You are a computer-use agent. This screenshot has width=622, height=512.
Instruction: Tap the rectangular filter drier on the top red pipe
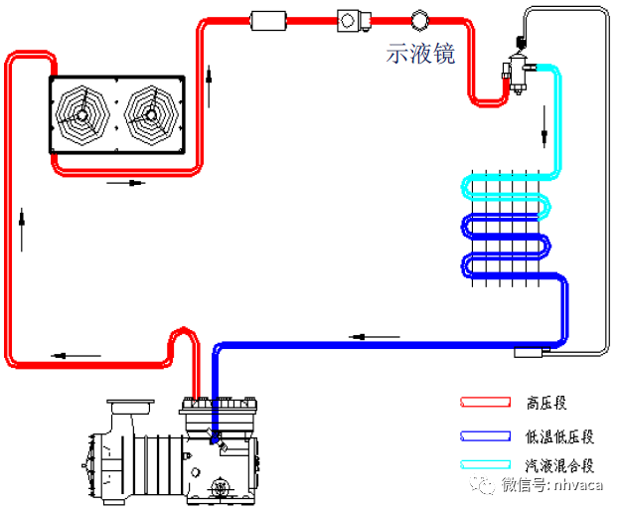point(269,20)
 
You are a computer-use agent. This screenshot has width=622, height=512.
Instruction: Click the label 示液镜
point(421,55)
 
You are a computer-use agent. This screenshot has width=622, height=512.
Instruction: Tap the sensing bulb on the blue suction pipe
point(526,352)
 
